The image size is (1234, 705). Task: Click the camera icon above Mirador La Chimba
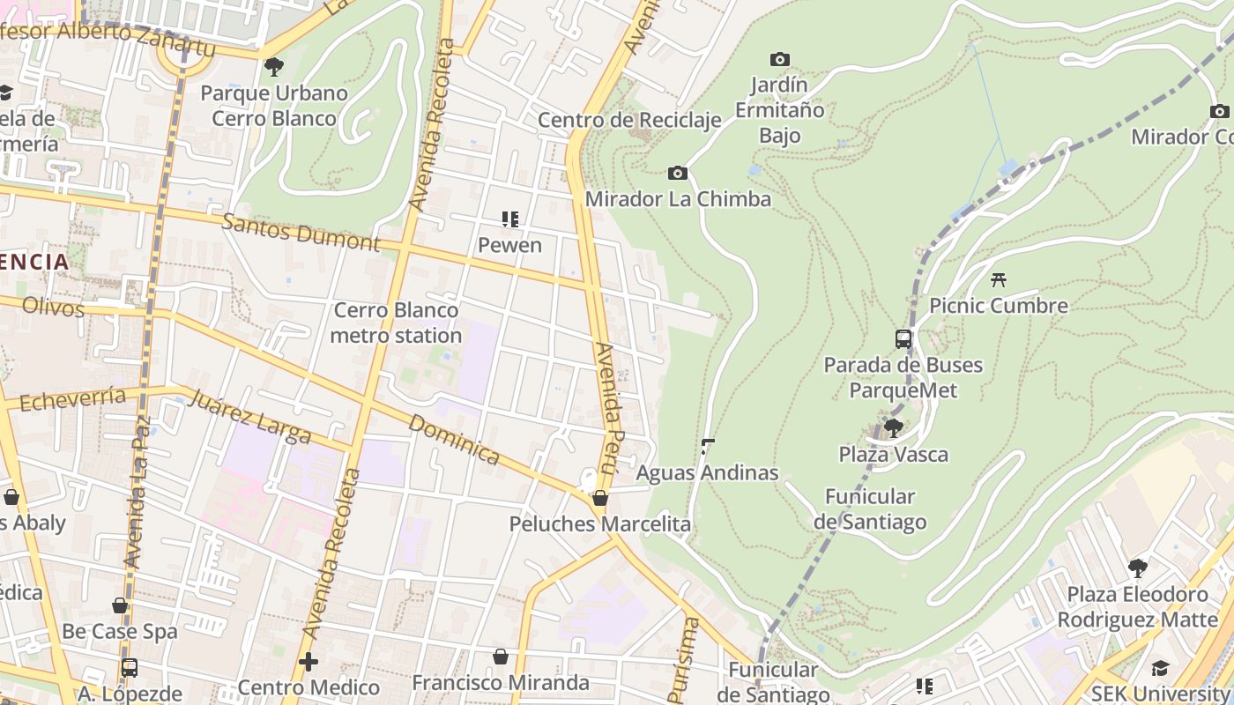pyautogui.click(x=677, y=173)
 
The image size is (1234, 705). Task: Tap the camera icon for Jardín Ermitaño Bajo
pyautogui.click(x=779, y=60)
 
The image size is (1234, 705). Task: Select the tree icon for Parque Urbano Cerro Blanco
pyautogui.click(x=274, y=66)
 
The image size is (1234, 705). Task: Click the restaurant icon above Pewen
pyautogui.click(x=509, y=219)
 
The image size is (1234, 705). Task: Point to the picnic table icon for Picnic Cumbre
pyautogui.click(x=998, y=280)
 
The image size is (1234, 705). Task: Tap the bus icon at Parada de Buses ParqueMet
pyautogui.click(x=903, y=338)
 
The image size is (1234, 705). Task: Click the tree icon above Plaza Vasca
pyautogui.click(x=893, y=428)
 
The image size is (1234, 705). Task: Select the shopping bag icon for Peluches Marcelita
pyautogui.click(x=600, y=498)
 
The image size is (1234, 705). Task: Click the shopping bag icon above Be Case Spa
pyautogui.click(x=120, y=605)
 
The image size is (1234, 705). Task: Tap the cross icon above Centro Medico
pyautogui.click(x=308, y=661)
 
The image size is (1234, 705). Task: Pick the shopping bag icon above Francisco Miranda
pyautogui.click(x=500, y=657)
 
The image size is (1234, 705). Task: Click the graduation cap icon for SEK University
pyautogui.click(x=1160, y=669)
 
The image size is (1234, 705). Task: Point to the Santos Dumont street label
pyautogui.click(x=301, y=233)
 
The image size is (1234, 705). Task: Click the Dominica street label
pyautogui.click(x=454, y=439)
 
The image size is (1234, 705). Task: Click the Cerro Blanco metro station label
pyautogui.click(x=396, y=323)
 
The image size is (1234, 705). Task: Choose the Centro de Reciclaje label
pyautogui.click(x=629, y=120)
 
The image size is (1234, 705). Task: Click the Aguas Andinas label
pyautogui.click(x=707, y=472)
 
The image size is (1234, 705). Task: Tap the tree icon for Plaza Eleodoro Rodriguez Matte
pyautogui.click(x=1137, y=568)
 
